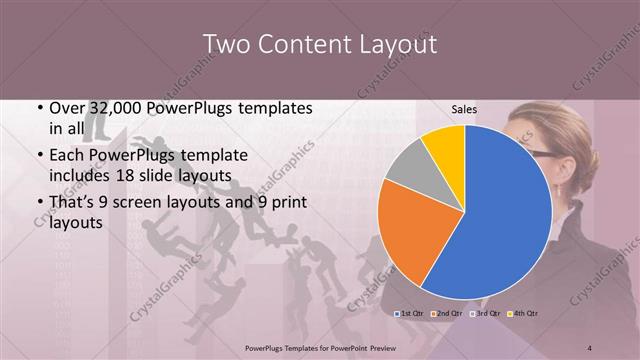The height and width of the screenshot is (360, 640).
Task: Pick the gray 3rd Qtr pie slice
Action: point(408,167)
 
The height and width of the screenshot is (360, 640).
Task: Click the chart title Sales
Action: point(465,109)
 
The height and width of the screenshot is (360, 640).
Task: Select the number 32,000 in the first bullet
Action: point(119,108)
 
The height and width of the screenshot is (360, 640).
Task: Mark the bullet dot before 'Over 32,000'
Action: point(39,108)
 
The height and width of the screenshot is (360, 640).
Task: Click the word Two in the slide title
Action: point(226,45)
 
